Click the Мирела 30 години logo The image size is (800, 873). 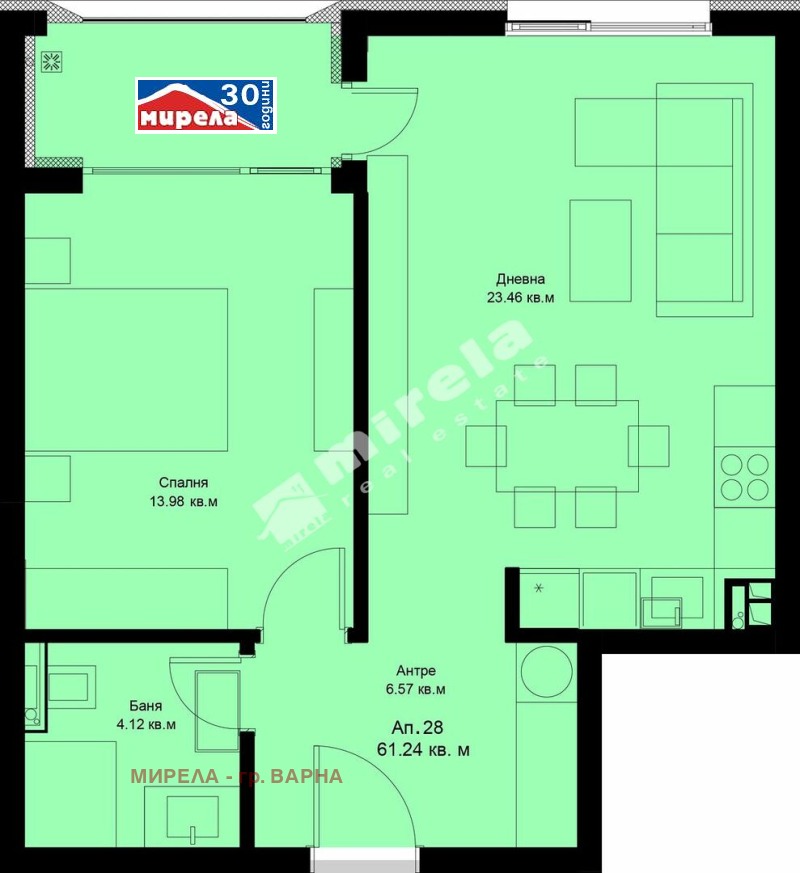click(x=206, y=105)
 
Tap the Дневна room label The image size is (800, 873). click(x=520, y=280)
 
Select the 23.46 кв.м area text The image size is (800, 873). click(x=520, y=297)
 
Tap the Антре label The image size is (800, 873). click(x=416, y=672)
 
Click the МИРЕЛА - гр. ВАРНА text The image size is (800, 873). click(x=237, y=776)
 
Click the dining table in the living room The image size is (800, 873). click(x=567, y=446)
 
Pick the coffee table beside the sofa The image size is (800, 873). click(x=600, y=250)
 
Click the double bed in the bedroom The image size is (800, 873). click(x=126, y=370)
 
